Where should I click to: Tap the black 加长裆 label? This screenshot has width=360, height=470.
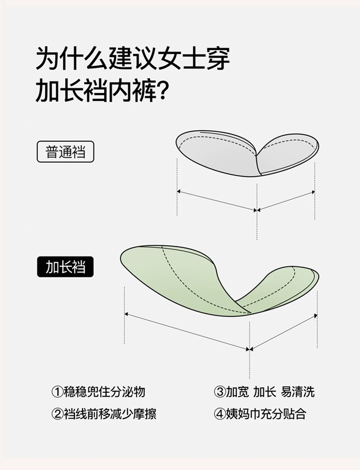click(65, 267)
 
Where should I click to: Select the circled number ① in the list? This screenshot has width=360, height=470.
click(57, 392)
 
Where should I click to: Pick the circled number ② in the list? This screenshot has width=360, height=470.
click(57, 414)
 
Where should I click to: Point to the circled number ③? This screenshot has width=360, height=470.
click(219, 392)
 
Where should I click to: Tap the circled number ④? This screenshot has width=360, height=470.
click(219, 414)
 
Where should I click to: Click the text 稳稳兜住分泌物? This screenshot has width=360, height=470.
click(104, 392)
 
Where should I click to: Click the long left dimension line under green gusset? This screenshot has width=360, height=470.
click(187, 332)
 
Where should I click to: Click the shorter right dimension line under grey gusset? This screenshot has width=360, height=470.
click(287, 200)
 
